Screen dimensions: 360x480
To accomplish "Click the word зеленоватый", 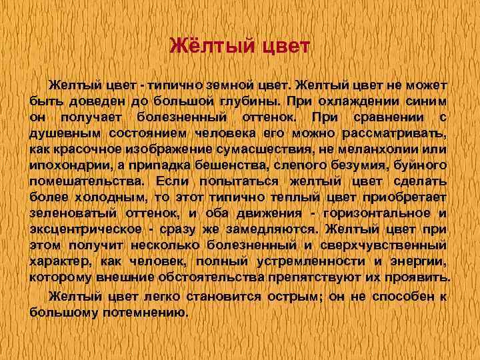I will (74, 213).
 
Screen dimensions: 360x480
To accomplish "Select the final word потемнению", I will (148, 309).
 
